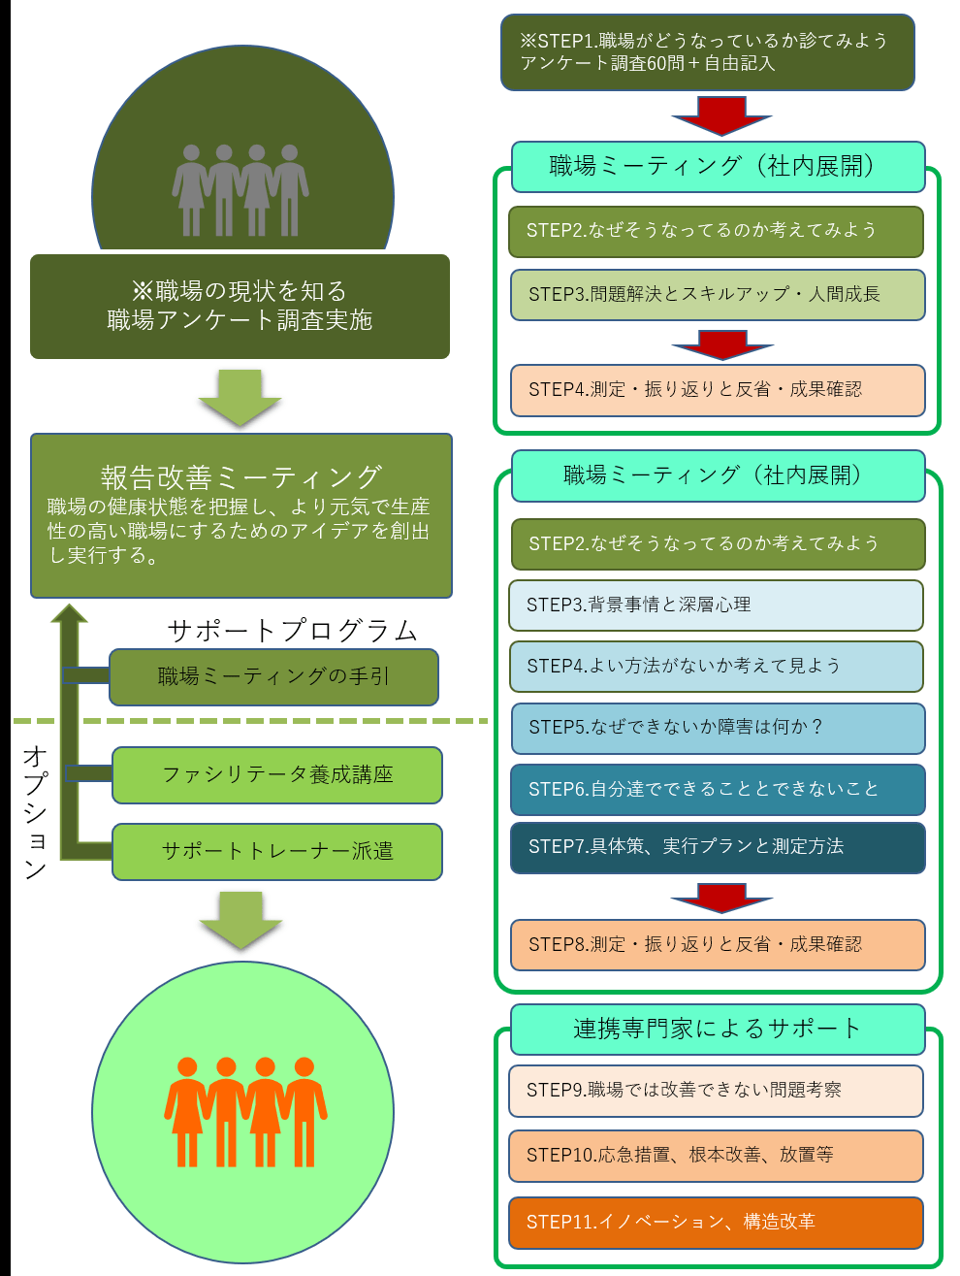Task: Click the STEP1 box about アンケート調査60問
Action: click(x=707, y=52)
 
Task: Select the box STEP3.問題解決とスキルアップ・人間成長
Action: click(x=718, y=294)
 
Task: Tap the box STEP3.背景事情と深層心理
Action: click(x=716, y=605)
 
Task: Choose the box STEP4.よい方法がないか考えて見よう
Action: click(x=716, y=667)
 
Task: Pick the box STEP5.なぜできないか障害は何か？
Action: click(x=718, y=728)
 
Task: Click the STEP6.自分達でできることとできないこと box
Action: click(x=718, y=789)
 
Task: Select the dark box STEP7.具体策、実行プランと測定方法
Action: click(x=718, y=847)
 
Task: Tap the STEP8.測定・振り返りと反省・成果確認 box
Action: click(x=718, y=944)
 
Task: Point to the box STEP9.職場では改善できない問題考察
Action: click(x=716, y=1091)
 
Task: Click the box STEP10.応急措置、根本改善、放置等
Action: click(x=716, y=1155)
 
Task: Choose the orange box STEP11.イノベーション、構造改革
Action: click(x=716, y=1223)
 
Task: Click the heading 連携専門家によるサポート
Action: click(x=718, y=1029)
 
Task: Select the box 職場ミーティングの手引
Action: click(x=273, y=676)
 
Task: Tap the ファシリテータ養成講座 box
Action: click(x=277, y=774)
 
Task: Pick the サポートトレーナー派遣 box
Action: click(x=277, y=851)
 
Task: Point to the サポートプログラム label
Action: click(x=292, y=631)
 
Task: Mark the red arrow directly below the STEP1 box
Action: click(x=721, y=115)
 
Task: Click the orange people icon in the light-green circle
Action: click(x=244, y=1111)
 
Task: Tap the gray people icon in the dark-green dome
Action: click(x=240, y=190)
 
